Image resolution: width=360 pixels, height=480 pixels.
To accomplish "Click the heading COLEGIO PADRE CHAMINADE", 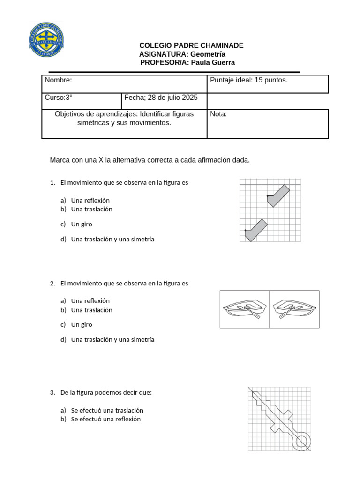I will tap(191, 45).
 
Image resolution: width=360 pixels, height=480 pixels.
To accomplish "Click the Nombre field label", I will tap(58, 80).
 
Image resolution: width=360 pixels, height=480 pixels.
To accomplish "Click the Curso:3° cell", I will tap(59, 97).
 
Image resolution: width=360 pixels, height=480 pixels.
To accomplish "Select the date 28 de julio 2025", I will tap(172, 97).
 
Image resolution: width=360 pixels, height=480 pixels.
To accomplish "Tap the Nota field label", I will tap(218, 114).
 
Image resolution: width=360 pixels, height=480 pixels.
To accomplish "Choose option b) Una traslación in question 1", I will tap(91, 209).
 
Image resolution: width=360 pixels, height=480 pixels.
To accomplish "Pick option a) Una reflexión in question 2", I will tap(90, 300).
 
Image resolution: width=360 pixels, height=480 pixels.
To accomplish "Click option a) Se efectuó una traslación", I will tap(107, 410).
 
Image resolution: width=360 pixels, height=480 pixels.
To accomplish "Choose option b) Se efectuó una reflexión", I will tap(105, 419).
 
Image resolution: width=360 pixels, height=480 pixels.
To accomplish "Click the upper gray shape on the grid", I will tap(278, 195).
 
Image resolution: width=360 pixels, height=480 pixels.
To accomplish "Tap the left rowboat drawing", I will tap(245, 309).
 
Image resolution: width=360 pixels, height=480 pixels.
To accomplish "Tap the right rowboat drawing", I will tap(294, 309).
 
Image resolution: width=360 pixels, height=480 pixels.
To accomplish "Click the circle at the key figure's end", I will tap(300, 441).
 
